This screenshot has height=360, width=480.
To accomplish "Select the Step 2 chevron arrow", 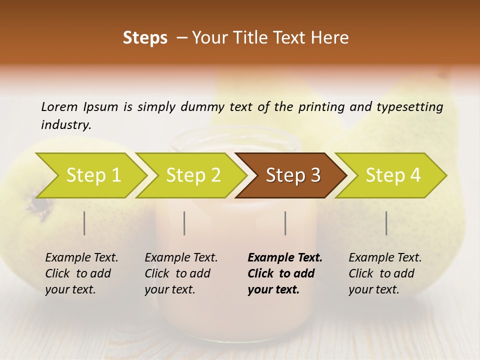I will coord(193,175).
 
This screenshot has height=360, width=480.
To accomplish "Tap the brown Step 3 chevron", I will coord(293,175).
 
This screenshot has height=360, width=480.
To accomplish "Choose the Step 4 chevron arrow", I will coord(393,175).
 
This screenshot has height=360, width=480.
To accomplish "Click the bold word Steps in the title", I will coord(145,38).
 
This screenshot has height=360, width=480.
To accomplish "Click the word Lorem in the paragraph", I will coord(59,107).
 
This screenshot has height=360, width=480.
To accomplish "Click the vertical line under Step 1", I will coord(84,223).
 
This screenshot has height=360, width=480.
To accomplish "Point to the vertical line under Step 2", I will coord(184,223).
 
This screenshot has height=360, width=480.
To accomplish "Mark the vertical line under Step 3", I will coord(285,223).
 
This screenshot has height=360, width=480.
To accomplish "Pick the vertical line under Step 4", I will coord(386,223).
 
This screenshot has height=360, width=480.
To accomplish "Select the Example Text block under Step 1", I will coord(81,273).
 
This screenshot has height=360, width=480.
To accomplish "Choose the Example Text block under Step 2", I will coord(181,273).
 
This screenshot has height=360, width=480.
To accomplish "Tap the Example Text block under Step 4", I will coord(385,273).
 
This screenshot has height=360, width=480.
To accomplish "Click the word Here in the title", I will coord(330,38).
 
